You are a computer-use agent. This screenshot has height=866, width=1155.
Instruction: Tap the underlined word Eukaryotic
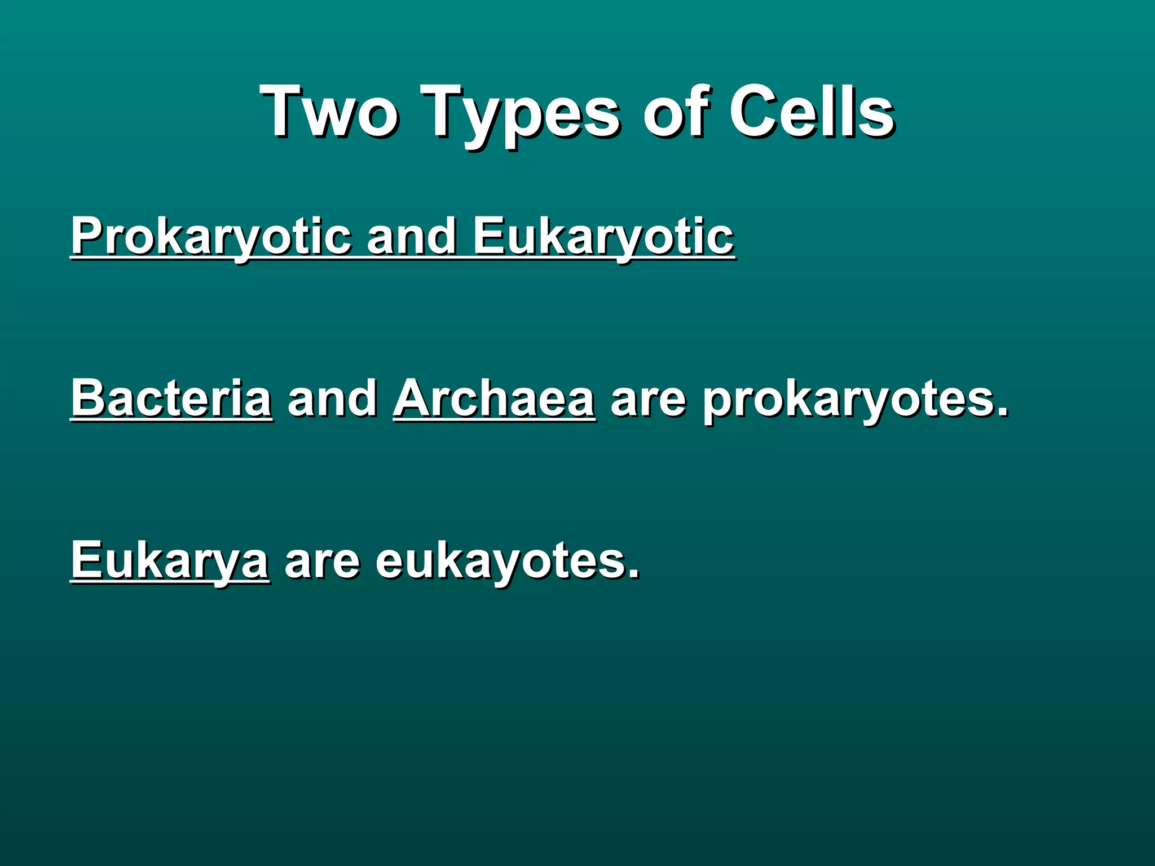pyautogui.click(x=603, y=237)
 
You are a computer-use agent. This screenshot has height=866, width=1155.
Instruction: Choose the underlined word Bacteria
pyautogui.click(x=171, y=398)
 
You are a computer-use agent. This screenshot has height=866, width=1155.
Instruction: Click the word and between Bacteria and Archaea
pyautogui.click(x=332, y=398)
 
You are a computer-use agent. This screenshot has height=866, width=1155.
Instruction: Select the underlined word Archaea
pyautogui.click(x=494, y=398)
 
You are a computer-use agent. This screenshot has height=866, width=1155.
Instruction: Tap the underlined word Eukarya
pyautogui.click(x=170, y=561)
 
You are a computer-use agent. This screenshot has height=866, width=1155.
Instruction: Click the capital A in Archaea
pyautogui.click(x=415, y=398)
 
